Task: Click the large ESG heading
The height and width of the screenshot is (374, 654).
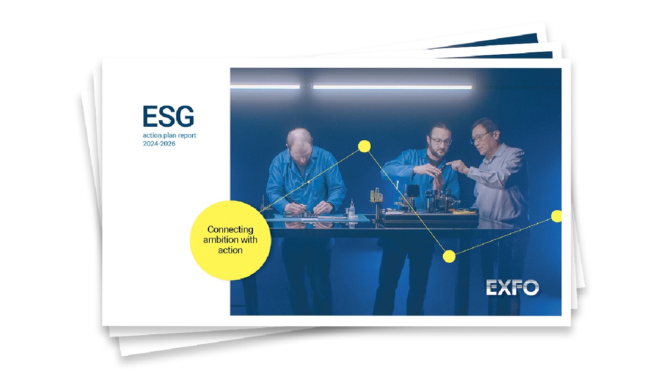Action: click(168, 116)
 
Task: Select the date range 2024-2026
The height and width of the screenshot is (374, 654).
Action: click(159, 144)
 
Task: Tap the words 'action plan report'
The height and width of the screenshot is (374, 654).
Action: click(170, 136)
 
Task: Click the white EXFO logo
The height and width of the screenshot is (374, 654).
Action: click(512, 288)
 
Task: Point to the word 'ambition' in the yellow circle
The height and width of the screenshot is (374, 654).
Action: click(219, 240)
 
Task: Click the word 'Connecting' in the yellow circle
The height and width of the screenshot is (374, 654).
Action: click(230, 230)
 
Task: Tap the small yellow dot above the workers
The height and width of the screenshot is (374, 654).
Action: click(364, 146)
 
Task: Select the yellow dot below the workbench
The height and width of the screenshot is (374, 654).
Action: click(449, 256)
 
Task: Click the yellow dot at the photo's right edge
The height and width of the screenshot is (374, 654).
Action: click(556, 216)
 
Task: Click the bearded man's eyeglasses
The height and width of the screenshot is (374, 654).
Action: click(440, 140)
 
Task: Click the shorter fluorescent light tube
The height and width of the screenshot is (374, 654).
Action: click(265, 86)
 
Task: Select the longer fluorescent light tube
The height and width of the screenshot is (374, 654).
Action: click(392, 87)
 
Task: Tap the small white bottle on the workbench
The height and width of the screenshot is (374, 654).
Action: click(351, 209)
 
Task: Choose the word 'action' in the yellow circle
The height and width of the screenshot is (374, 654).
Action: click(230, 250)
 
